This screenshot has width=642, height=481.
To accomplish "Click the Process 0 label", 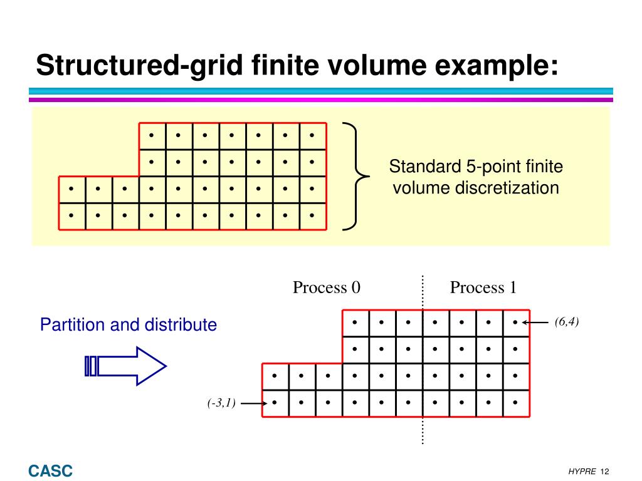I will pos(327,287).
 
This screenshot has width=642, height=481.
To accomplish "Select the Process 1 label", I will pos(483,287).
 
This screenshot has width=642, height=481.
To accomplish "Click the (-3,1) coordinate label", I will pos(222,403).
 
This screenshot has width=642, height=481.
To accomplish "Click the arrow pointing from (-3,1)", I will pos(254,403).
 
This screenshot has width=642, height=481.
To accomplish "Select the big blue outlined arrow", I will pos(125,366).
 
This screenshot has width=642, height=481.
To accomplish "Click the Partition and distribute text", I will pos(129,325).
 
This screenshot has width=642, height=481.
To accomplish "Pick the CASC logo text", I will pos(50,471).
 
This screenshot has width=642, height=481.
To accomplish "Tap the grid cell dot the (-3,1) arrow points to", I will pos(275,403).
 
